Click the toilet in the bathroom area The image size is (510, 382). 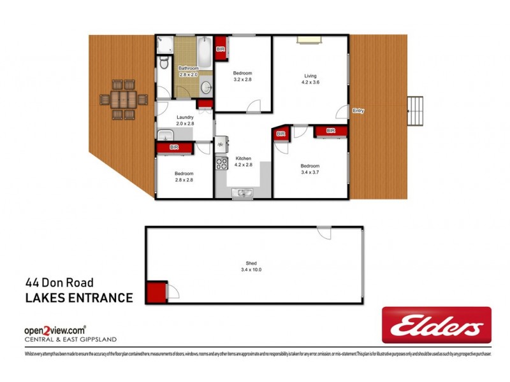click(163, 63)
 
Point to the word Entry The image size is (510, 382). click(358, 111)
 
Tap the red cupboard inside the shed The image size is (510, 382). click(156, 294)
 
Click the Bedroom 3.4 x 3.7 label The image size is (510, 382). click(310, 169)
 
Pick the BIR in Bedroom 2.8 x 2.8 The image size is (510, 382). click(174, 147)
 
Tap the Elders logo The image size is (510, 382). click(436, 326)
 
